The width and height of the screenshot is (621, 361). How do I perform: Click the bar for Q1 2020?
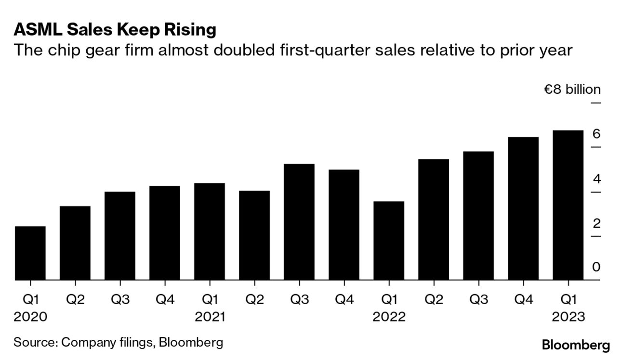click(x=30, y=253)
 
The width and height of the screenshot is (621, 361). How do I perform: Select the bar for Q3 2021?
click(x=299, y=221)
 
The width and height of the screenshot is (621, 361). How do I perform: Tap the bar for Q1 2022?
click(x=389, y=240)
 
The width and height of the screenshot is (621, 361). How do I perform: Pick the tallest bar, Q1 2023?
click(x=568, y=205)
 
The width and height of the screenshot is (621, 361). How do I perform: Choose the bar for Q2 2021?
click(x=254, y=235)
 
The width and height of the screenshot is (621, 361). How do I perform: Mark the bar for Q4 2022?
click(x=523, y=208)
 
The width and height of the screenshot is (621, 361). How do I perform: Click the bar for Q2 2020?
click(x=75, y=243)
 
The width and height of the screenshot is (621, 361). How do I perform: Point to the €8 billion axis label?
click(x=572, y=90)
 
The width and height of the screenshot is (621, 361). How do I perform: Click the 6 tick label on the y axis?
click(x=596, y=134)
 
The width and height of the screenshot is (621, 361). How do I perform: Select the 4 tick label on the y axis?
click(x=596, y=179)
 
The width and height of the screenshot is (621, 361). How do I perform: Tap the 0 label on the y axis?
click(x=596, y=267)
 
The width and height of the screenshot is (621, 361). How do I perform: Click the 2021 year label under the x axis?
click(x=210, y=317)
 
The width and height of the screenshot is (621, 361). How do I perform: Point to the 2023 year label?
click(x=568, y=317)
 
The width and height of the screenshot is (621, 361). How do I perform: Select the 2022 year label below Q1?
click(x=389, y=317)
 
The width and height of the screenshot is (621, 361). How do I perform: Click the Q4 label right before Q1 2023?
click(x=523, y=299)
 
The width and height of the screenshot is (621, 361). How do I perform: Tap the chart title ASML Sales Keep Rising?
click(x=115, y=30)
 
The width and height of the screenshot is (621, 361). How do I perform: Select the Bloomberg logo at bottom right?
click(x=576, y=345)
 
